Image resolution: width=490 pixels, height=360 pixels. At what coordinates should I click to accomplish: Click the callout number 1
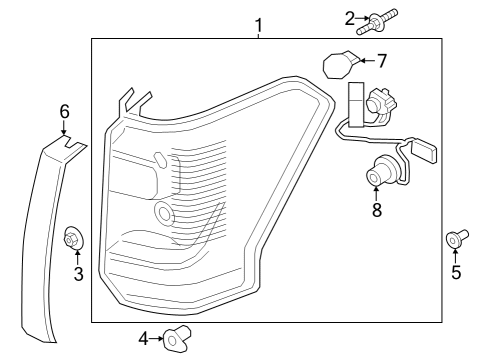pyautogui.click(x=258, y=23)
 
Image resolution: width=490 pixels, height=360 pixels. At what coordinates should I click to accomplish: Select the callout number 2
pyautogui.click(x=350, y=16)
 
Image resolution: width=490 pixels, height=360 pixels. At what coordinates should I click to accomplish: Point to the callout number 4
pyautogui.click(x=143, y=340)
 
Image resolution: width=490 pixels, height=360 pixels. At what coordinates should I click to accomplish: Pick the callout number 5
pyautogui.click(x=456, y=271)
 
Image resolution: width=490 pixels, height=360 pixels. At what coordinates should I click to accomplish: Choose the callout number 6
pyautogui.click(x=63, y=111)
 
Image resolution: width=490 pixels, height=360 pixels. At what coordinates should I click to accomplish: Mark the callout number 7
pyautogui.click(x=380, y=61)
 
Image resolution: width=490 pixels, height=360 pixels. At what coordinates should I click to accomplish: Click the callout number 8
pyautogui.click(x=377, y=211)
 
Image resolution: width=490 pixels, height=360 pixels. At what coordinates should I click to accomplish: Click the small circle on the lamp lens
pyautogui.click(x=164, y=212)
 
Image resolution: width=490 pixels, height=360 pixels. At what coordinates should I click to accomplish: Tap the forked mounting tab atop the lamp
pyautogui.click(x=132, y=101)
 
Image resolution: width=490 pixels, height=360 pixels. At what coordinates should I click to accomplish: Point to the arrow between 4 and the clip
pyautogui.click(x=157, y=340)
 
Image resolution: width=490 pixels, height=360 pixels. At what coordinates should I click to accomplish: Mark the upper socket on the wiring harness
pyautogui.click(x=380, y=102)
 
